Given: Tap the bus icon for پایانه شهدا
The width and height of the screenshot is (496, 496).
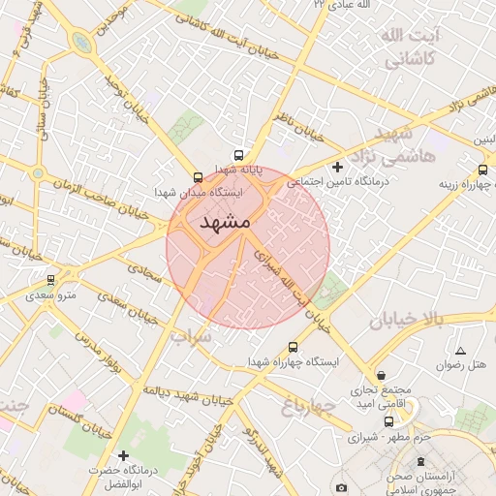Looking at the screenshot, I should pos(238,154).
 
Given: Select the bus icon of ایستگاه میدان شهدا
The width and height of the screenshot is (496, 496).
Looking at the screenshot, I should pos(199,177).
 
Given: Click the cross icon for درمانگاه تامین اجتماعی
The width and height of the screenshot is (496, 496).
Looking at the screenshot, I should pos(337,168).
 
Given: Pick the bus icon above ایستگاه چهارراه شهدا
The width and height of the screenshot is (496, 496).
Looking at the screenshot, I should pos(294,346).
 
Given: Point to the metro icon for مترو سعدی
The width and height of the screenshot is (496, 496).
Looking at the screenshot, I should pos(50,280).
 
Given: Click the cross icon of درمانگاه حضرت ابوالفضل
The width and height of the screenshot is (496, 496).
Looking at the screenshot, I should pos(122,455).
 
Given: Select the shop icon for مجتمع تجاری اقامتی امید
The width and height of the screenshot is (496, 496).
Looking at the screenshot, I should pos(382,375).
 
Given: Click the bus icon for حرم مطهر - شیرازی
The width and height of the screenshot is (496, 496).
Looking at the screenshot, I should pos(389,421).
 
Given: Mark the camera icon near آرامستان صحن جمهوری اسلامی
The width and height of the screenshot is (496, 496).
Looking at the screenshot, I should pos(341,486).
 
